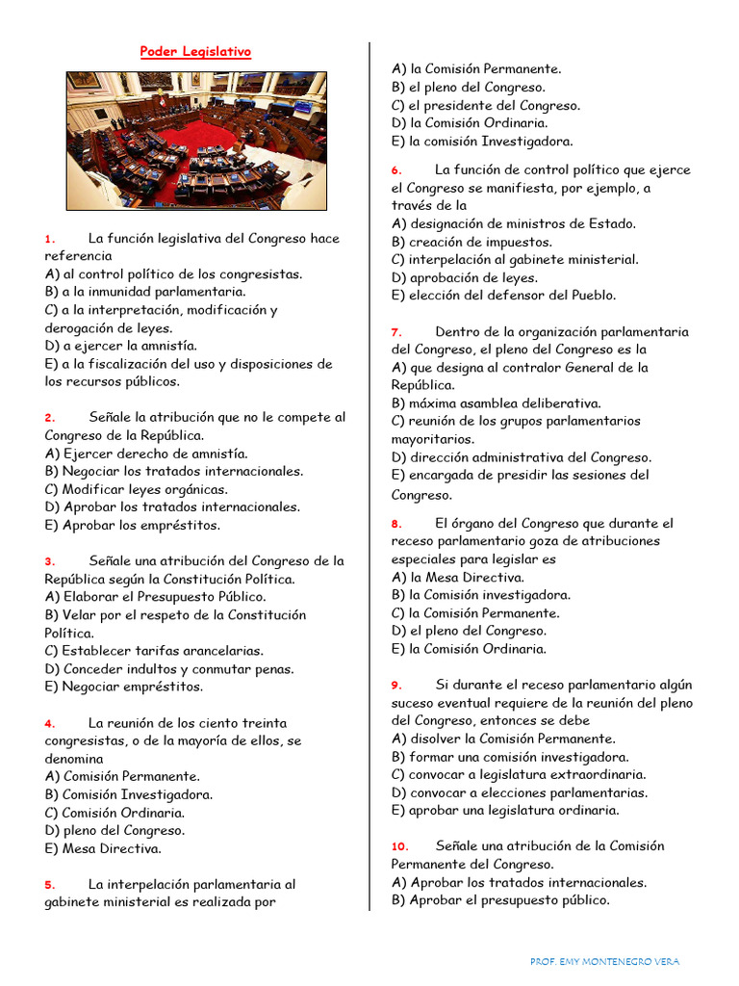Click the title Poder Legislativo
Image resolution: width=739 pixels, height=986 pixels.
pyautogui.click(x=196, y=52)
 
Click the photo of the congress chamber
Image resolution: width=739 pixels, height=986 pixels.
pyautogui.click(x=196, y=141)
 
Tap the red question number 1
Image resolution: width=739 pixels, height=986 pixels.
pyautogui.click(x=50, y=239)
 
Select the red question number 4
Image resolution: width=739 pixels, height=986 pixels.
pyautogui.click(x=50, y=723)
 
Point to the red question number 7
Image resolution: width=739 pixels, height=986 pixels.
pyautogui.click(x=396, y=332)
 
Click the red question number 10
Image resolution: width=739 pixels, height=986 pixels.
pyautogui.click(x=399, y=846)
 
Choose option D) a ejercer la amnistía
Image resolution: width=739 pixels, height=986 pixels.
pyautogui.click(x=120, y=346)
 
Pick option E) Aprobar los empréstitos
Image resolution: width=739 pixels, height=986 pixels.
pyautogui.click(x=132, y=526)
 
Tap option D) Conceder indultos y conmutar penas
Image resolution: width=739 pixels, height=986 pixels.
pyautogui.click(x=169, y=669)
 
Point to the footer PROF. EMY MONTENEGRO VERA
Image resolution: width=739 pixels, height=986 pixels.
pyautogui.click(x=604, y=962)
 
